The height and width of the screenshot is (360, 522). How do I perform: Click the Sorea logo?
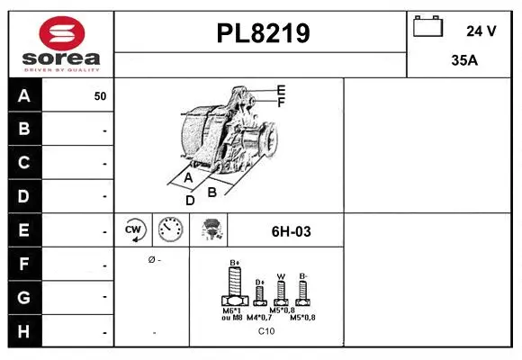pos(60,43)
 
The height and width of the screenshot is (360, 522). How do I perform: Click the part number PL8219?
pos(263,34)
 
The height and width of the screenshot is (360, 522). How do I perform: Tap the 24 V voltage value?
pos(481,31)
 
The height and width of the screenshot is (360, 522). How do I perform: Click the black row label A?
pos(24,95)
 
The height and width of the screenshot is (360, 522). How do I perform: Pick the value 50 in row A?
pos(100,96)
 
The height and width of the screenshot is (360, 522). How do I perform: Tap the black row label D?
pos(24,196)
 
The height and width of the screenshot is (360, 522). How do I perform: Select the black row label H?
pos(24,331)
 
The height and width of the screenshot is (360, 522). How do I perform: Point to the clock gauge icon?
pos(169,230)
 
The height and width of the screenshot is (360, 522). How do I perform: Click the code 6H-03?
pos(291,231)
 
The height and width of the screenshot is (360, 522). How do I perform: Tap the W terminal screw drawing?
pos(281,291)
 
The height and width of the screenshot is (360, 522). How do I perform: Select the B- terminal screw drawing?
pos(304,291)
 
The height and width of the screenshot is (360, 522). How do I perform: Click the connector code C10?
pos(266,331)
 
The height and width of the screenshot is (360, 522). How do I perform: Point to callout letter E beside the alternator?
pos(281,90)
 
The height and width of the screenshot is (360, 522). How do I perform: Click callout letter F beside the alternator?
pos(281,103)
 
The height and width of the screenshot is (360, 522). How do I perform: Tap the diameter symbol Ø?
pos(151,259)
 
